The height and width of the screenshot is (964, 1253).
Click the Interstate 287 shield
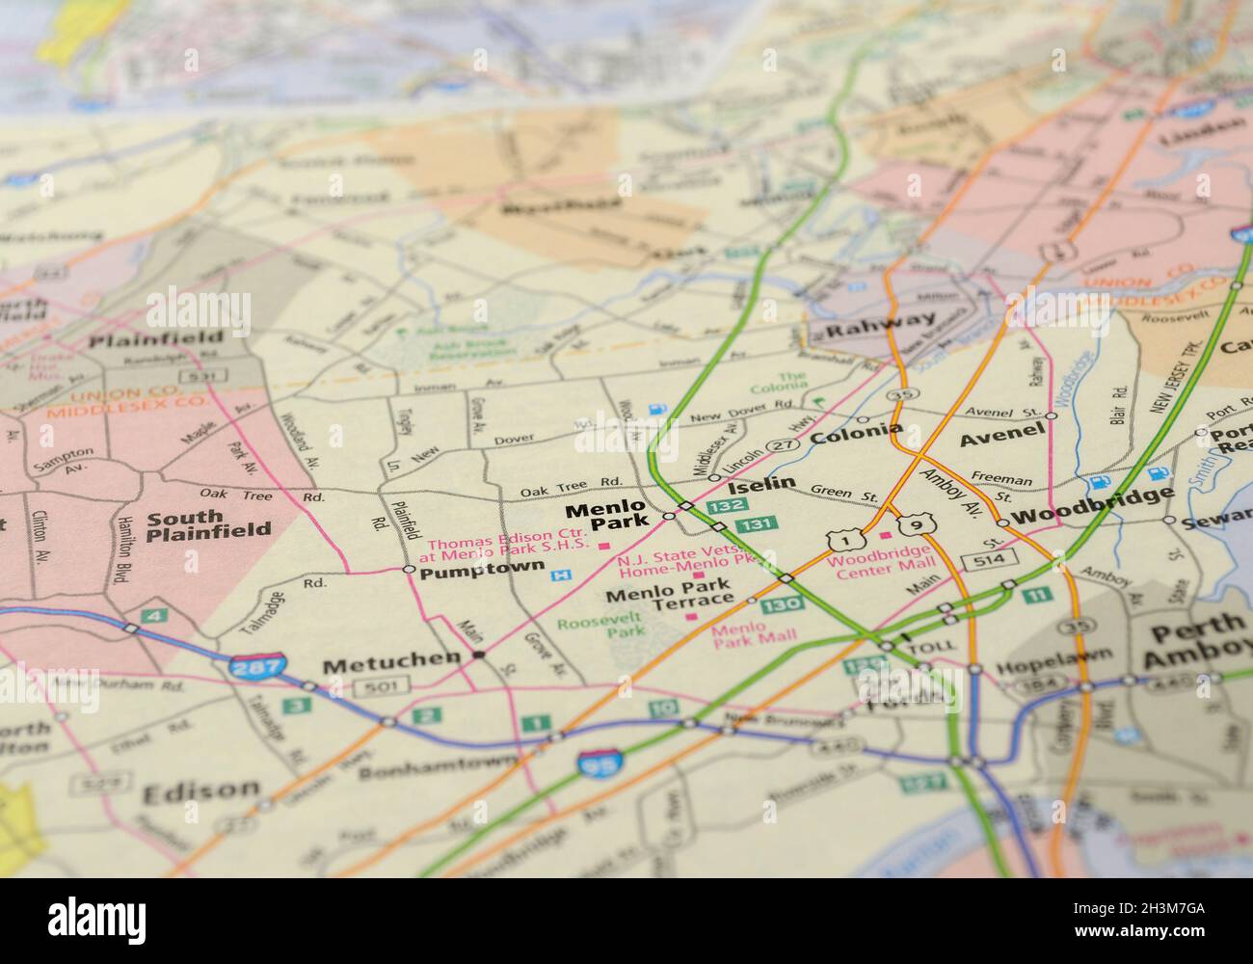coord(258,665)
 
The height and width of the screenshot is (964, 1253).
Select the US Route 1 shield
coord(841,541)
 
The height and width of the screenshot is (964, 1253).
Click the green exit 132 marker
coord(723,505)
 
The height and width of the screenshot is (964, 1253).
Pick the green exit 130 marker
coord(779,605)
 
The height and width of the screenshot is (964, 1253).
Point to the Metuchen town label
coord(391,663)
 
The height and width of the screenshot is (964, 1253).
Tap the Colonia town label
coord(856,434)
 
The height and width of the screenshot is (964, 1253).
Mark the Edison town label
coord(200,791)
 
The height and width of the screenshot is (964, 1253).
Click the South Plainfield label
coord(208,523)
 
